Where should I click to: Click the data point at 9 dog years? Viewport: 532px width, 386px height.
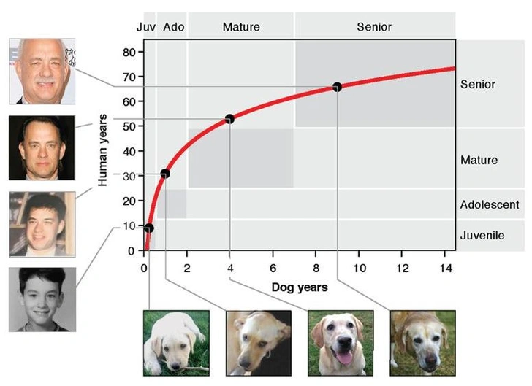coord(337,87)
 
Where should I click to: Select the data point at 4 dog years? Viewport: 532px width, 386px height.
coord(229,119)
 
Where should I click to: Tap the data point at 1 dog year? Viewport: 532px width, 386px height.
coord(165,174)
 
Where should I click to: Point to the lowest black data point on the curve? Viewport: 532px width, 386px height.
coord(149,228)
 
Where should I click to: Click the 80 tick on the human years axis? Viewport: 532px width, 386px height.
coord(129,53)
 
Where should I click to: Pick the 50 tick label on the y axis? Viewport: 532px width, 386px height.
coord(129,127)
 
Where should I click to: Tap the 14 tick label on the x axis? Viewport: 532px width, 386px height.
coord(446,268)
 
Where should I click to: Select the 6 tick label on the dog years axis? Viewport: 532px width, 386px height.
coord(273,268)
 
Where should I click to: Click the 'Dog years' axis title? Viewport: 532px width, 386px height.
coord(300,287)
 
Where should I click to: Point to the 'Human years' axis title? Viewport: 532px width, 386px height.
coord(104,150)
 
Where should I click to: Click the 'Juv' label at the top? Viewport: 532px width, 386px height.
coord(145,27)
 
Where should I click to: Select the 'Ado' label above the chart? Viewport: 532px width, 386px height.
coord(173,27)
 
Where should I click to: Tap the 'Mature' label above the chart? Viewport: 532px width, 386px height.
coord(241,27)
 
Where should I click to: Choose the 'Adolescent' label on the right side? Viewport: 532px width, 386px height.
coord(490,205)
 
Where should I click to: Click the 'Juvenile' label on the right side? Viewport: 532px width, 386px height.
coord(482,236)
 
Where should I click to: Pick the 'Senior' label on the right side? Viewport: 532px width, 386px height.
coord(478,85)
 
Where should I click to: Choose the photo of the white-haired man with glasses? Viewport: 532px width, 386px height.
coord(42,71)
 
